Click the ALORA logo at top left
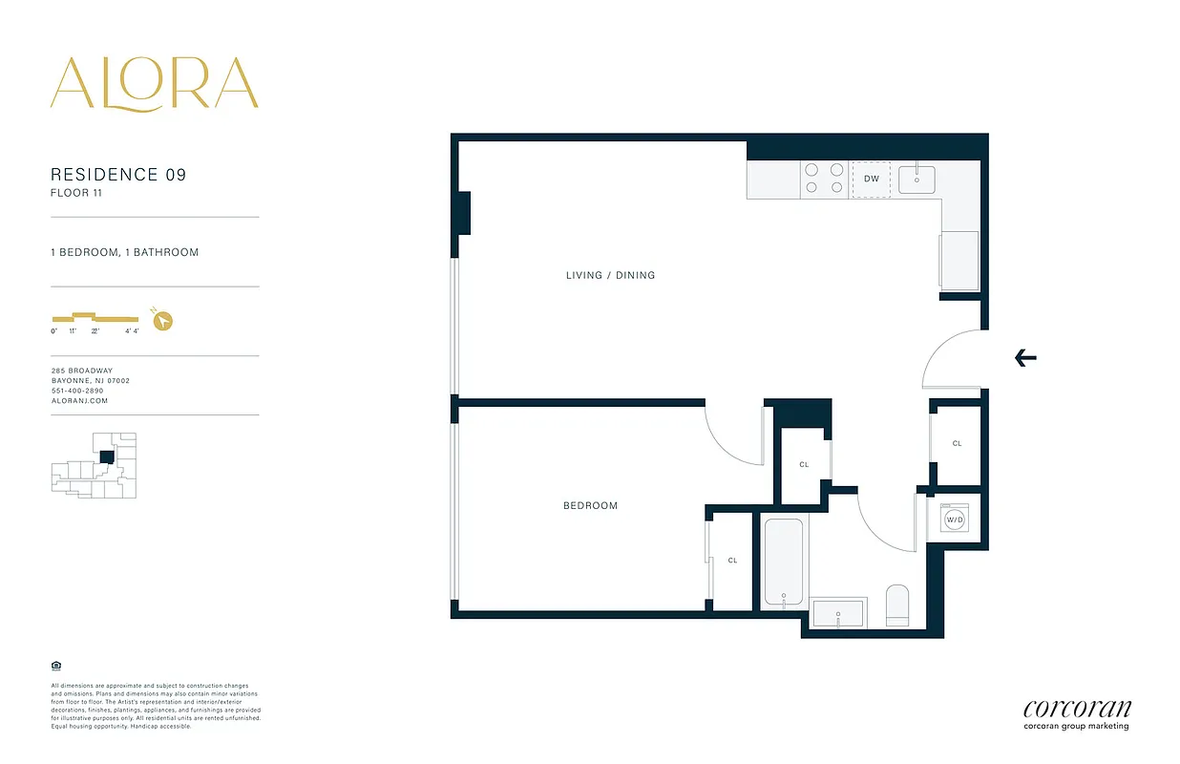154,83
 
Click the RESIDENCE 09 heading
118,175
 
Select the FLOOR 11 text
76,193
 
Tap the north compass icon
163,320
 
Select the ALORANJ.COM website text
79,401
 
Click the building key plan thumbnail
94,465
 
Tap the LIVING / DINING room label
611,275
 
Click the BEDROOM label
590,505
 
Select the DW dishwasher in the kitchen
871,179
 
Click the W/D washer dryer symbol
954,520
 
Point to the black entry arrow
1025,358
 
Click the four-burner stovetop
824,179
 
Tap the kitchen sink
917,178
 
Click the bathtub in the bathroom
784,562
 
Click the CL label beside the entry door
957,444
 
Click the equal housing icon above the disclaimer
55,665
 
